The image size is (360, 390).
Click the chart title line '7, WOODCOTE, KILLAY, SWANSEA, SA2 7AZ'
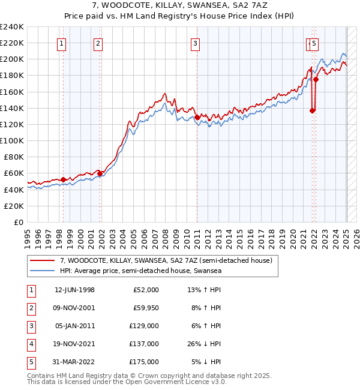tap(180, 5)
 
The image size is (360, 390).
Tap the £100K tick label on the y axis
tap(12, 140)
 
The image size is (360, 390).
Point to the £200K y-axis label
tap(12, 59)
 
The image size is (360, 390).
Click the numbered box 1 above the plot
tap(62, 43)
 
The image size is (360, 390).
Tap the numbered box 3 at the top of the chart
tap(196, 43)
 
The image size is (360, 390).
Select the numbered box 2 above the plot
tap(98, 43)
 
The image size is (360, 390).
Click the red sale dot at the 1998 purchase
tap(64, 179)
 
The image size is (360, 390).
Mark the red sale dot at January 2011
tap(197, 117)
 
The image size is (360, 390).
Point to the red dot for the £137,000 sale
tap(312, 110)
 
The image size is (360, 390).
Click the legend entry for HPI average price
tap(140, 271)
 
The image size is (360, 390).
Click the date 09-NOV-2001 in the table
tap(74, 308)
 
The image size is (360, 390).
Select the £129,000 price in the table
tap(145, 326)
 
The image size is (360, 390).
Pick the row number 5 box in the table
tap(30, 362)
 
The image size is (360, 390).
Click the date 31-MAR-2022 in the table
tap(74, 362)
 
